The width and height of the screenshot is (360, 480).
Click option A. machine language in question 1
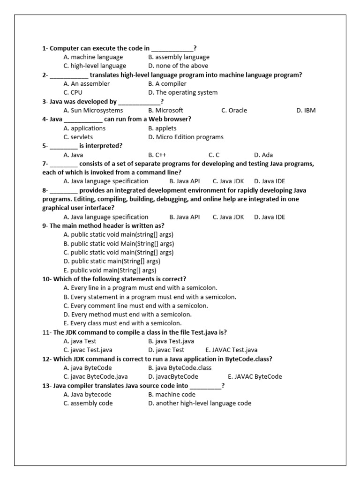93,57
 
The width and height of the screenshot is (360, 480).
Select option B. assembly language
179,57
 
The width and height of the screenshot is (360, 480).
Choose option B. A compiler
167,84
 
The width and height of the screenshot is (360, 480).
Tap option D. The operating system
183,92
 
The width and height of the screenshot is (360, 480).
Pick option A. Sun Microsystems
93,111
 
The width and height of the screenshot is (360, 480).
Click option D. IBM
306,111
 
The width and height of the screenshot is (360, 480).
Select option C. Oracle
234,111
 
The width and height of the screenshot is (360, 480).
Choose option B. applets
162,128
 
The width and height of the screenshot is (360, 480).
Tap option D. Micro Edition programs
186,137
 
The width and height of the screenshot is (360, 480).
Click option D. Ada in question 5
263,155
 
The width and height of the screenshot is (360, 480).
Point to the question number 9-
45,225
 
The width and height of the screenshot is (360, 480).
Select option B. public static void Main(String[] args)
119,244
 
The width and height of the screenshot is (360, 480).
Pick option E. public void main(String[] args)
110,270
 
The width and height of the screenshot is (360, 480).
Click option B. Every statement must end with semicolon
150,297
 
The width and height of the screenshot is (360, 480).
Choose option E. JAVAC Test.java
231,350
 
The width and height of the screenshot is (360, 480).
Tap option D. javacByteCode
173,377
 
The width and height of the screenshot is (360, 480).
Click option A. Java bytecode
87,395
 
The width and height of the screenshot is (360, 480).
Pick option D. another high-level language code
200,404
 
